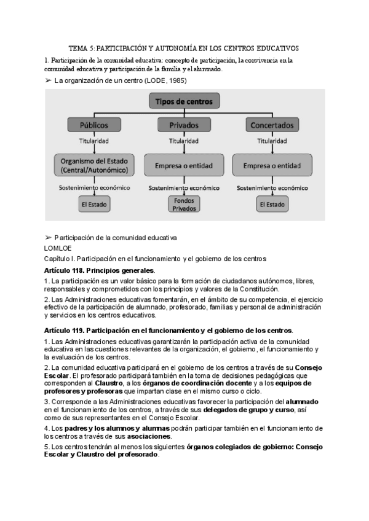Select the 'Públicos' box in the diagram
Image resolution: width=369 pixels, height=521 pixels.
(93, 125)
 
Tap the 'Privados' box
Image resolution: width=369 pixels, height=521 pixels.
(184, 125)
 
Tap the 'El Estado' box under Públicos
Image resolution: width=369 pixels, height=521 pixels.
(93, 203)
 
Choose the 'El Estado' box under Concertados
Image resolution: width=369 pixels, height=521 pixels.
(272, 203)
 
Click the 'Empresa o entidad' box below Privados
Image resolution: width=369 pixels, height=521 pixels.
(184, 165)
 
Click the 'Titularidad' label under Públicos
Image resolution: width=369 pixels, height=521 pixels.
(93, 141)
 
